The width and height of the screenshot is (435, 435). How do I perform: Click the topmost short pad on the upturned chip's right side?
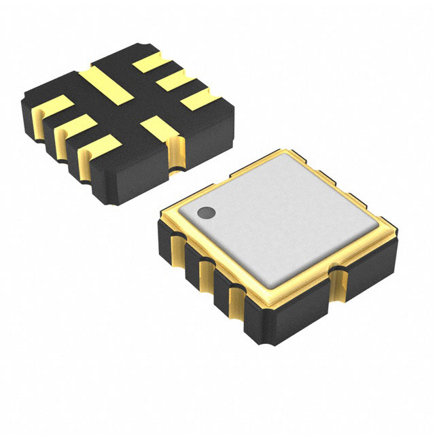pos(150,65)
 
